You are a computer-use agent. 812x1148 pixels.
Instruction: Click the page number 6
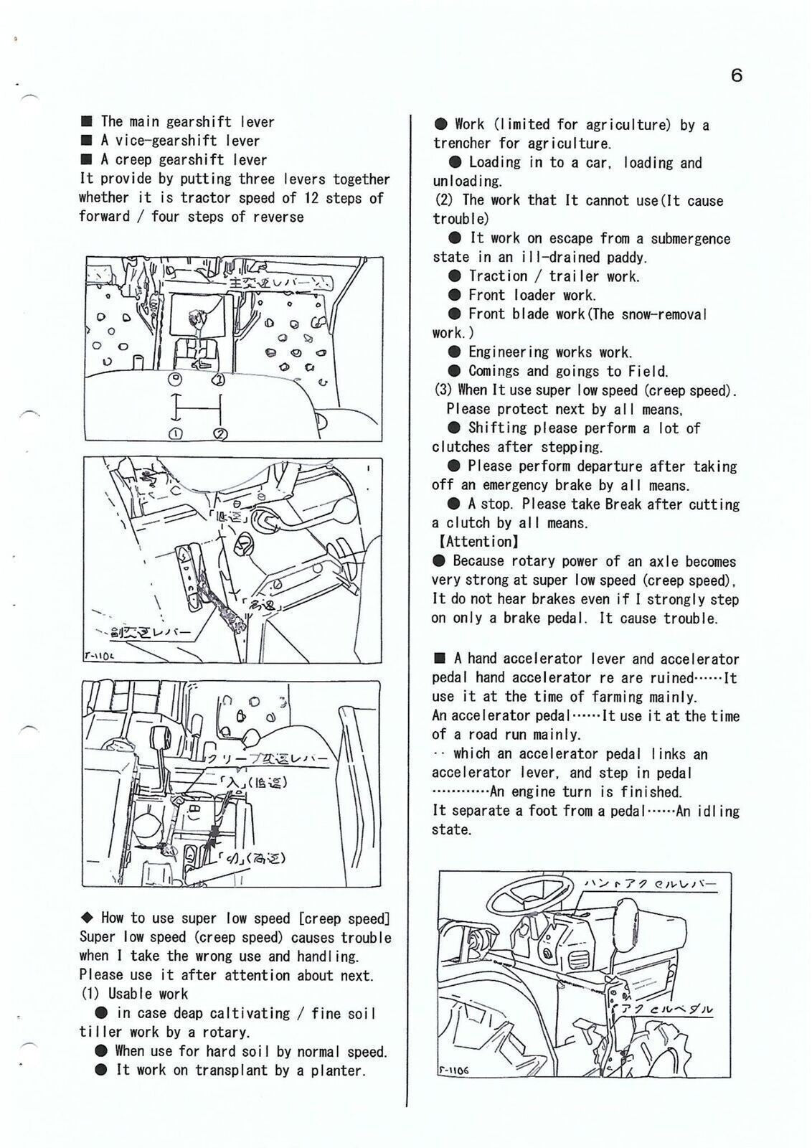(x=736, y=75)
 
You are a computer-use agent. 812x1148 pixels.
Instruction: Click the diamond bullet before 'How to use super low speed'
(x=88, y=918)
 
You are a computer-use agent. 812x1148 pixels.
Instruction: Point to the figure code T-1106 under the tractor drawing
(x=453, y=1071)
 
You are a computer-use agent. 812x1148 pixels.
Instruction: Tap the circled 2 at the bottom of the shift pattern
(x=220, y=433)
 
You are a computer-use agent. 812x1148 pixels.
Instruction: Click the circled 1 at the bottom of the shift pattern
(x=174, y=433)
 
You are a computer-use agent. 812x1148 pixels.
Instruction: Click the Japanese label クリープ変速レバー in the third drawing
(x=267, y=759)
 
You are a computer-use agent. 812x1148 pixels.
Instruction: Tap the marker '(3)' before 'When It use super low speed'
(x=443, y=390)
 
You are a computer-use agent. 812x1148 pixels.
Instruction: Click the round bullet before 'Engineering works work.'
(x=454, y=352)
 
